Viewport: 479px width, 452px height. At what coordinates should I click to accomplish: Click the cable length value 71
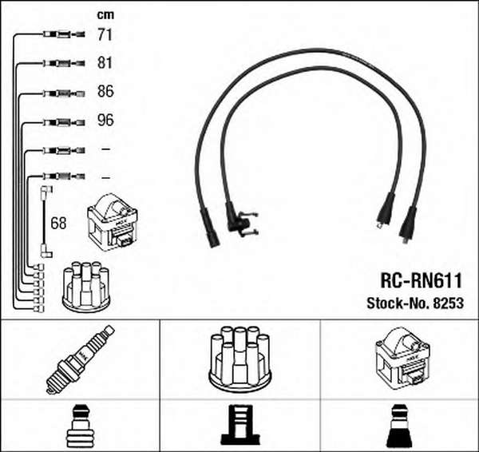(x=105, y=34)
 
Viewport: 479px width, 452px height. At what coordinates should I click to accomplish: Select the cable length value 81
(x=105, y=62)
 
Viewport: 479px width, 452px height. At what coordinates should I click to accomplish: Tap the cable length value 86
(x=105, y=91)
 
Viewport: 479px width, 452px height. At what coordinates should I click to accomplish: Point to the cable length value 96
(x=105, y=120)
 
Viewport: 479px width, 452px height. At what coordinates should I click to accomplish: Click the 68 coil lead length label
(x=58, y=223)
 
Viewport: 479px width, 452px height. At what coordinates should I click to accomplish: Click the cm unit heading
(x=105, y=14)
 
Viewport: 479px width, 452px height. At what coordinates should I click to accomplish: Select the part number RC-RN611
(x=421, y=280)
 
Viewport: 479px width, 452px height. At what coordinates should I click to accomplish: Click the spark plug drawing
(x=81, y=359)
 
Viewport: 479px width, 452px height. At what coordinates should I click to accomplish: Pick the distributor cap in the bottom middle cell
(x=239, y=359)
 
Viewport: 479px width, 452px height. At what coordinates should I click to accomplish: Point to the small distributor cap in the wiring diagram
(x=86, y=287)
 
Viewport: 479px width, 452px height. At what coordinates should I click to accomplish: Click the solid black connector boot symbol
(x=398, y=426)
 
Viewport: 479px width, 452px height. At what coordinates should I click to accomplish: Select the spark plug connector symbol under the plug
(x=80, y=426)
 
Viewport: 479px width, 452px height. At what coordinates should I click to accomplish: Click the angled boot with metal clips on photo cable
(x=241, y=220)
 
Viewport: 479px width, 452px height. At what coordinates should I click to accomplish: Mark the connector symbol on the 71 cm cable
(x=64, y=34)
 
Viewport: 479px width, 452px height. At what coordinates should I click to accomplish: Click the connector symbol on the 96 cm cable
(x=64, y=122)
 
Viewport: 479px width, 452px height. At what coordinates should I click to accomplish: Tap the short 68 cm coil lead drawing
(x=46, y=221)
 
